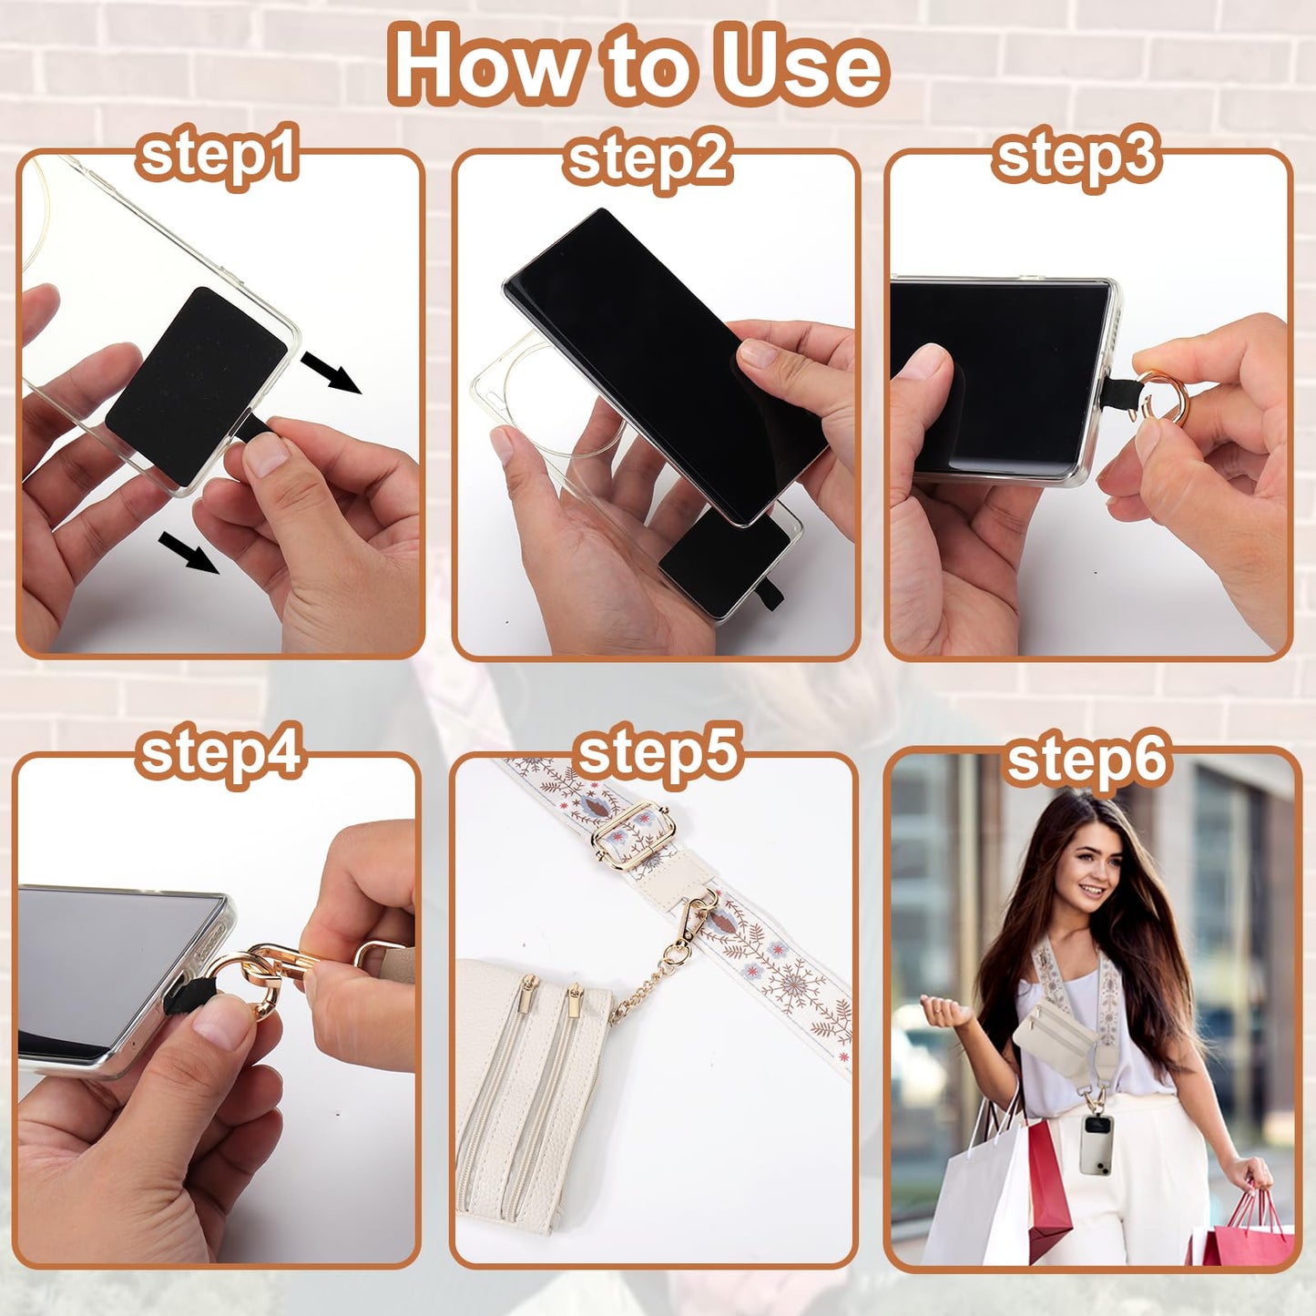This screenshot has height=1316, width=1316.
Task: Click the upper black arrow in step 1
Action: [x=332, y=372]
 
